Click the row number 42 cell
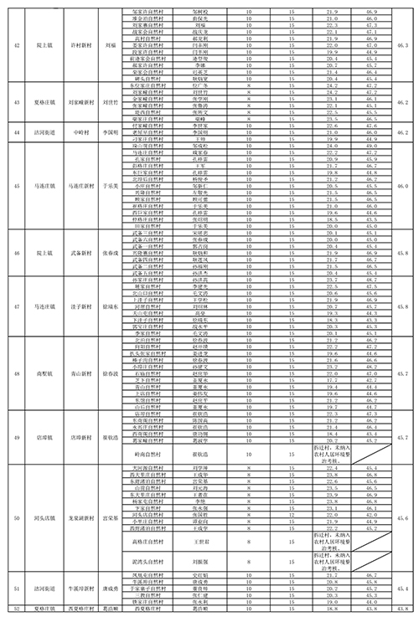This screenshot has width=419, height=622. click(17, 44)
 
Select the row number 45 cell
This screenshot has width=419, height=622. click(17, 186)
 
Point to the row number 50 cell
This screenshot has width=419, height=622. click(17, 517)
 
